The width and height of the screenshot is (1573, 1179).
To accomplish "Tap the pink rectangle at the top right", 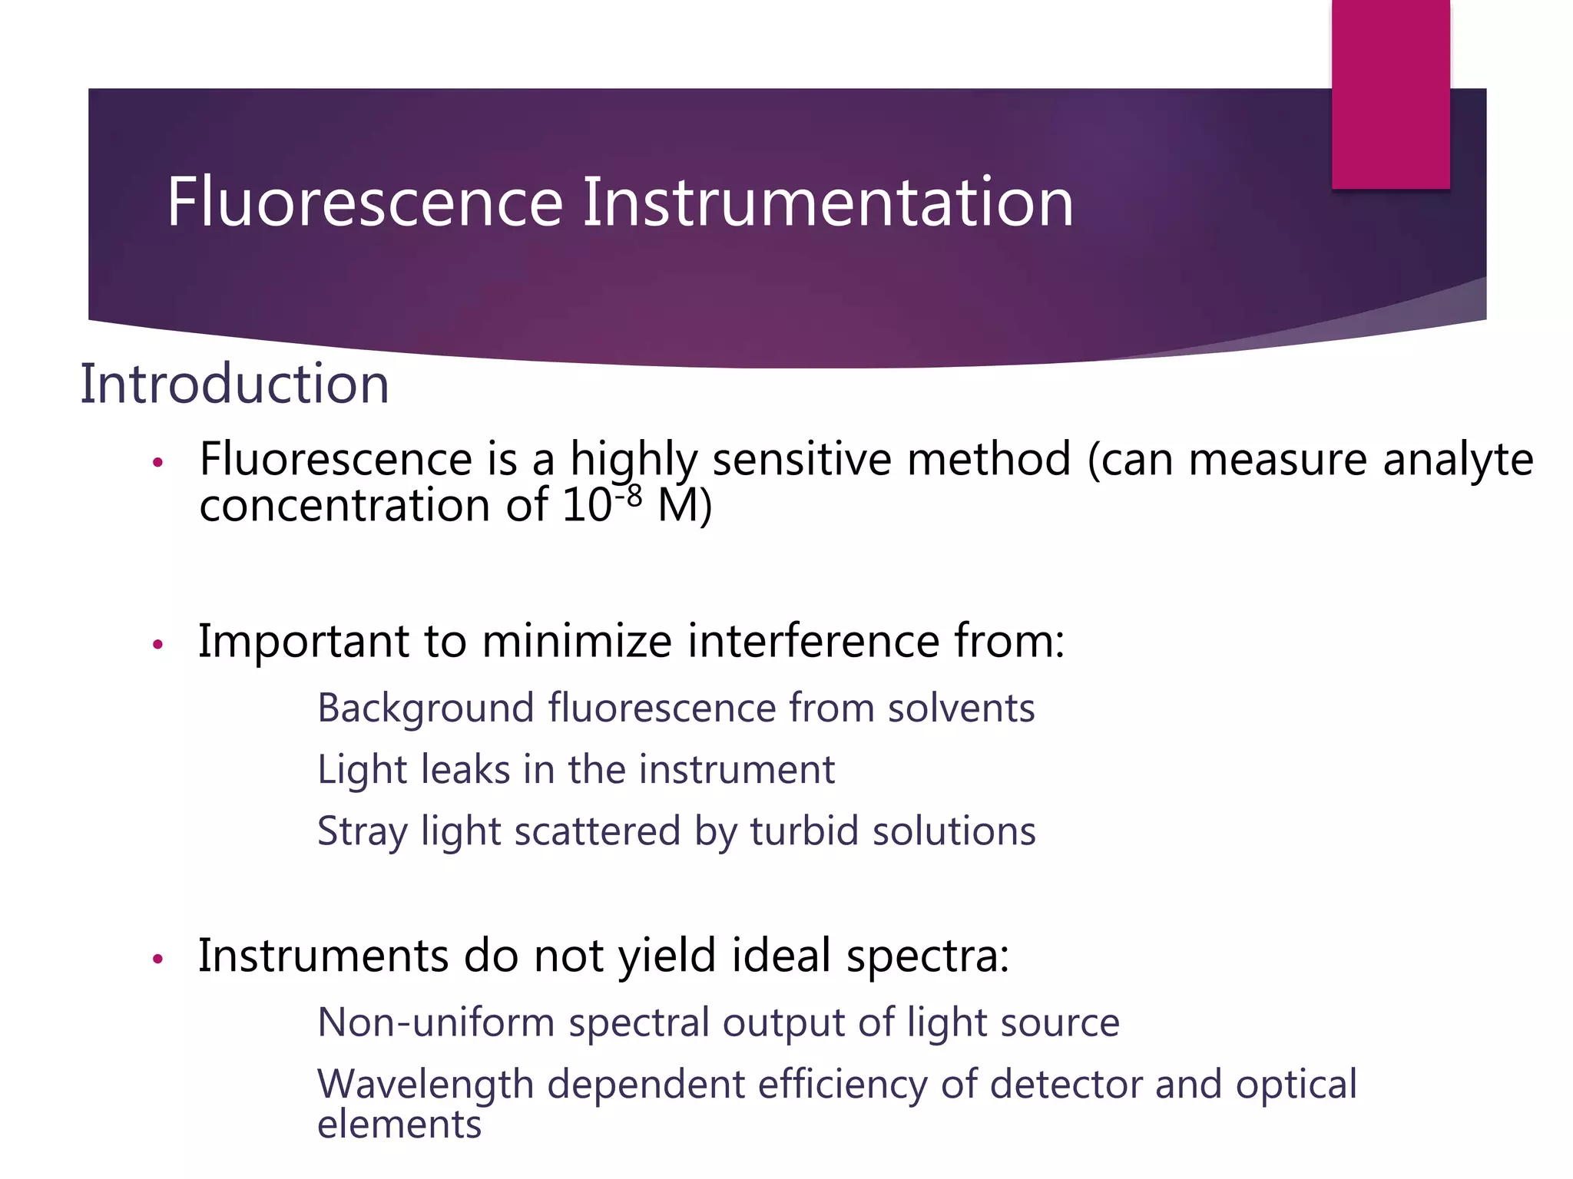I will [x=1390, y=94].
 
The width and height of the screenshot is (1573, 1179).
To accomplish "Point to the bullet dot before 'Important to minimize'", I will [x=158, y=644].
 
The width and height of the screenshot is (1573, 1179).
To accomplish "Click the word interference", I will [x=813, y=641].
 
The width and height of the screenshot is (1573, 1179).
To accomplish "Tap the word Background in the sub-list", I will [x=426, y=708].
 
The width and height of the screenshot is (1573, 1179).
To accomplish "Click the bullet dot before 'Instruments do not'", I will [x=158, y=959].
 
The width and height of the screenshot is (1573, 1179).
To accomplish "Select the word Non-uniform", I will [x=435, y=1022].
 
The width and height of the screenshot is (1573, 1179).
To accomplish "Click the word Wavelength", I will [x=425, y=1085].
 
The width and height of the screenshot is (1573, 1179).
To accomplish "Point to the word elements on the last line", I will [x=399, y=1125].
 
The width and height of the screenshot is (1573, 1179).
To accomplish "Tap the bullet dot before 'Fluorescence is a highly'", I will [x=158, y=462].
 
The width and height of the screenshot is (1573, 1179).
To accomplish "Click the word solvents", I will [x=961, y=708].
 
